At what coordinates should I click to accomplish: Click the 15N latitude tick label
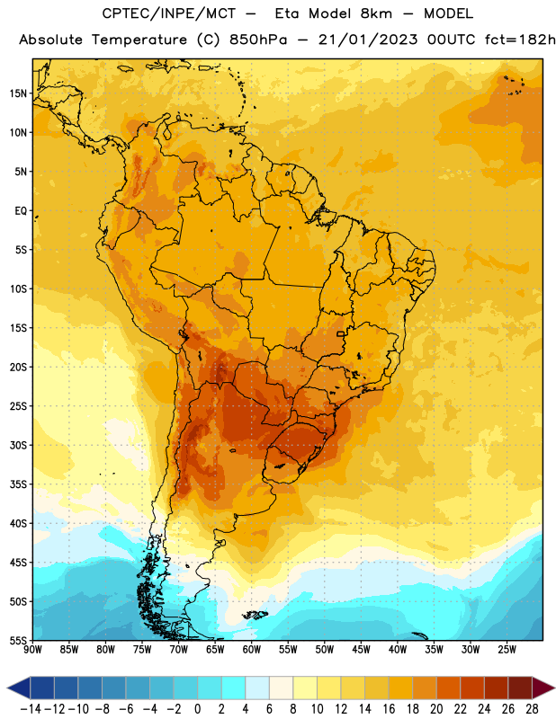[18, 93]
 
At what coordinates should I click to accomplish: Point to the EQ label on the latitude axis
[21, 211]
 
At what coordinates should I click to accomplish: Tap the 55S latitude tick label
[18, 640]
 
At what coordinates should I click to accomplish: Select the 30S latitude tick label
[18, 445]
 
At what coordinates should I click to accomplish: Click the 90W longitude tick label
[32, 650]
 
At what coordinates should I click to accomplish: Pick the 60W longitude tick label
[252, 650]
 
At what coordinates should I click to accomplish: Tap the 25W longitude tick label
[507, 650]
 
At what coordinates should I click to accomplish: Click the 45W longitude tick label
[361, 650]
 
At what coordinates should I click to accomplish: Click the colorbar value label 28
[532, 709]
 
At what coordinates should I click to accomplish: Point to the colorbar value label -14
[31, 709]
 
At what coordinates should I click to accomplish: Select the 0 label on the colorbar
[197, 709]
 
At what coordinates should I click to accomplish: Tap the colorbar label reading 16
[389, 709]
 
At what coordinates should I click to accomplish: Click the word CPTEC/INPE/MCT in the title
[169, 13]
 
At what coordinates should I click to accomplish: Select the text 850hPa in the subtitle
[258, 40]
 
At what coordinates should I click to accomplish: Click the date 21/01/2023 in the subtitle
[368, 40]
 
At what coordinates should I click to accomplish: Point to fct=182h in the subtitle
[520, 40]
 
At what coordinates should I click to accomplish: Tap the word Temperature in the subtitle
[139, 40]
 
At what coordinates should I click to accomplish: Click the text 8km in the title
[376, 13]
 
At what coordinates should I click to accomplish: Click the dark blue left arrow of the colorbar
[18, 688]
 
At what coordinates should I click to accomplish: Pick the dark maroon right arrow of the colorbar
[544, 688]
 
